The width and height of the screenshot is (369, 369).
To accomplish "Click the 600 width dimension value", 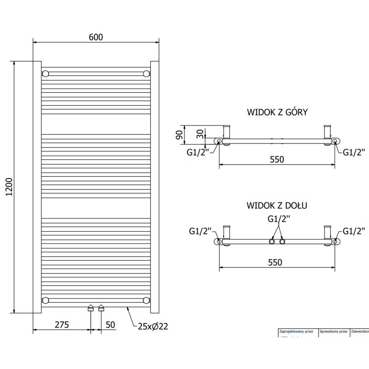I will pyautogui.click(x=95, y=37).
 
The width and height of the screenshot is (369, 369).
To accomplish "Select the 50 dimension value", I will pyautogui.click(x=110, y=325).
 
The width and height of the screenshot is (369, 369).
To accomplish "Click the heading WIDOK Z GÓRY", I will pyautogui.click(x=277, y=112).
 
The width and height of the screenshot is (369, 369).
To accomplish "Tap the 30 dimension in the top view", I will pyautogui.click(x=200, y=135).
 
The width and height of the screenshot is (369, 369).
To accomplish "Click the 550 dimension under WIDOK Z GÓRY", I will pyautogui.click(x=277, y=160).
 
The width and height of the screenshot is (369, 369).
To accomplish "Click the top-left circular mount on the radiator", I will pyautogui.click(x=45, y=74).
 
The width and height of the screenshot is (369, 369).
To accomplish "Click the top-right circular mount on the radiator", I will pyautogui.click(x=146, y=74).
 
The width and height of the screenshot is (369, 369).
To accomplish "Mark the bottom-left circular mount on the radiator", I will pyautogui.click(x=45, y=300).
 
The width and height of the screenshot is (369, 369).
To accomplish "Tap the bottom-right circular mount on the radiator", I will pyautogui.click(x=146, y=300).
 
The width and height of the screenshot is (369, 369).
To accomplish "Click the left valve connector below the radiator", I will pyautogui.click(x=91, y=308).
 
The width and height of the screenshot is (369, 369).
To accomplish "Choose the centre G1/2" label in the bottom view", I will pyautogui.click(x=280, y=219).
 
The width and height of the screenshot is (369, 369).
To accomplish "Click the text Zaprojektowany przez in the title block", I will pyautogui.click(x=296, y=331).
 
